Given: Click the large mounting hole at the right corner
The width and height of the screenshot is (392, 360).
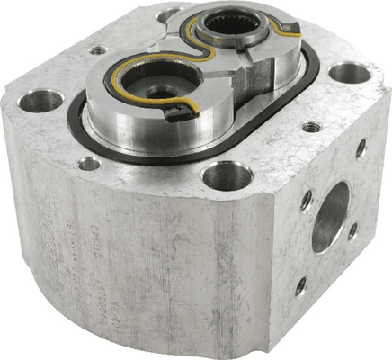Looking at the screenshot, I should (x=350, y=73).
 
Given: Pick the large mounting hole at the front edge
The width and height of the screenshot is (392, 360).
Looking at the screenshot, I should (x=227, y=175).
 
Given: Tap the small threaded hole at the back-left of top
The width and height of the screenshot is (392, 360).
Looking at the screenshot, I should (x=97, y=49).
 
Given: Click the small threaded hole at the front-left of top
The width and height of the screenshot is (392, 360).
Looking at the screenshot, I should (x=89, y=164).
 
